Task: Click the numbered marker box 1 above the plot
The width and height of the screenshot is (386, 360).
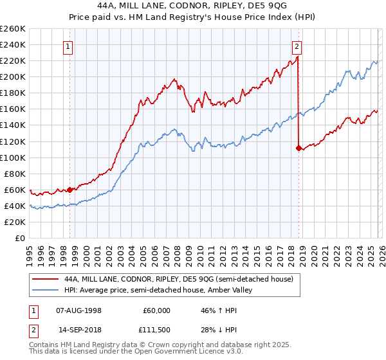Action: click(68, 46)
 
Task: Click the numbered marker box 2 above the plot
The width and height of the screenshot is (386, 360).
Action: click(297, 46)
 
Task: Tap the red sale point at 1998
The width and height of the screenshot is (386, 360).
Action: click(69, 190)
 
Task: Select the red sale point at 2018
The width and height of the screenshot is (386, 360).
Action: click(299, 148)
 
